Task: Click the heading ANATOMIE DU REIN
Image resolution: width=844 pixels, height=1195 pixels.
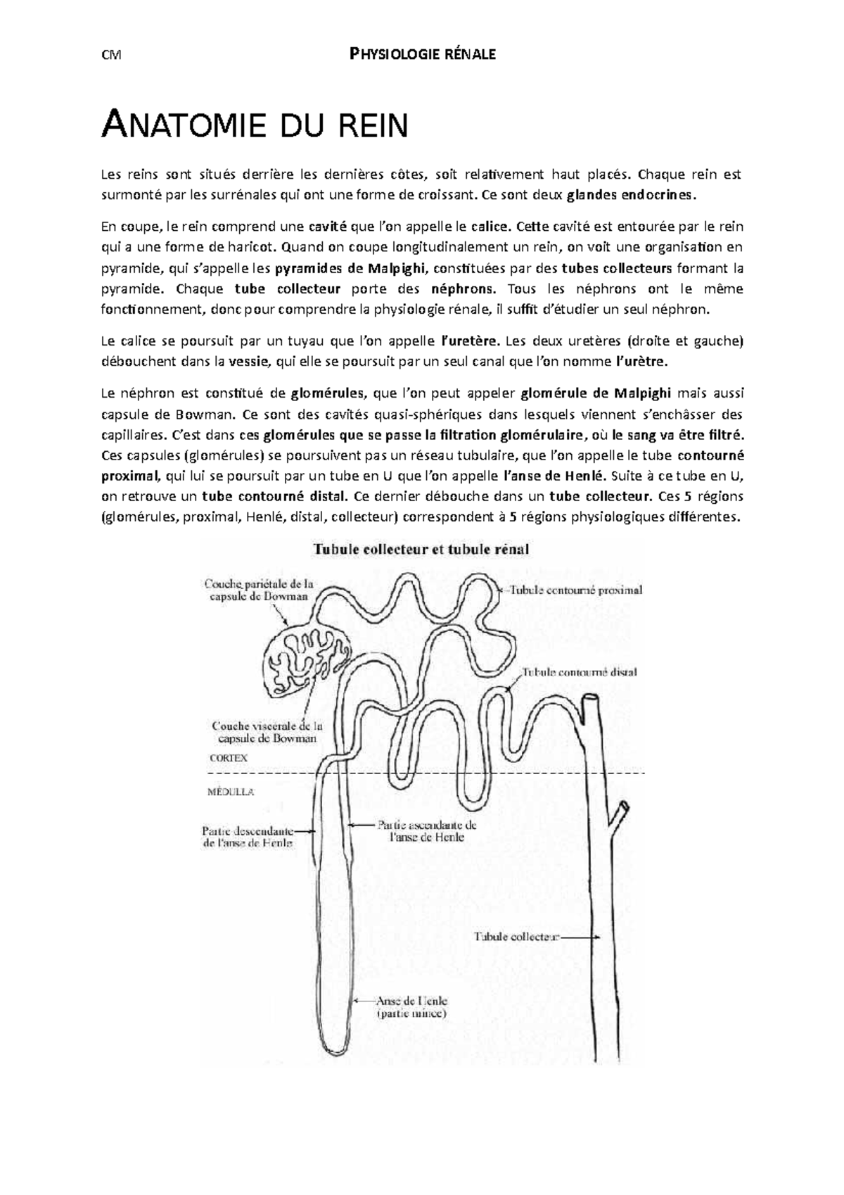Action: tap(255, 127)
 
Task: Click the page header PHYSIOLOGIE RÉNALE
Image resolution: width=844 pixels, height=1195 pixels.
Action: tap(423, 54)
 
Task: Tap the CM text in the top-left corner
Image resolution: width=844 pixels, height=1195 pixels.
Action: tap(110, 55)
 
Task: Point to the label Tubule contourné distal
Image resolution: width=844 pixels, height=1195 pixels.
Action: tap(579, 672)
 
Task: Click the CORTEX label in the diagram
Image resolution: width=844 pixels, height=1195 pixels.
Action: tap(229, 759)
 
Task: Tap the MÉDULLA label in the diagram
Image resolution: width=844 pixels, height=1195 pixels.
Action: tap(231, 792)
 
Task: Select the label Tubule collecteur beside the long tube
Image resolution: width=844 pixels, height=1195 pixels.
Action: tap(516, 937)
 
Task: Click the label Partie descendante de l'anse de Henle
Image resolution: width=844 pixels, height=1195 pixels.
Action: tap(248, 837)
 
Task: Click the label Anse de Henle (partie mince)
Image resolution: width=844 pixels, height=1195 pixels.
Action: tap(411, 1007)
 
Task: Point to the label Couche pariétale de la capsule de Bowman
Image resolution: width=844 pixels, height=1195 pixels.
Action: tap(258, 589)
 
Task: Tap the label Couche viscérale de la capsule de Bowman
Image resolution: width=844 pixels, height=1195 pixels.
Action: tap(267, 731)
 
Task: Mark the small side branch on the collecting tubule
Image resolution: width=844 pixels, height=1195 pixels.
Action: tap(622, 814)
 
